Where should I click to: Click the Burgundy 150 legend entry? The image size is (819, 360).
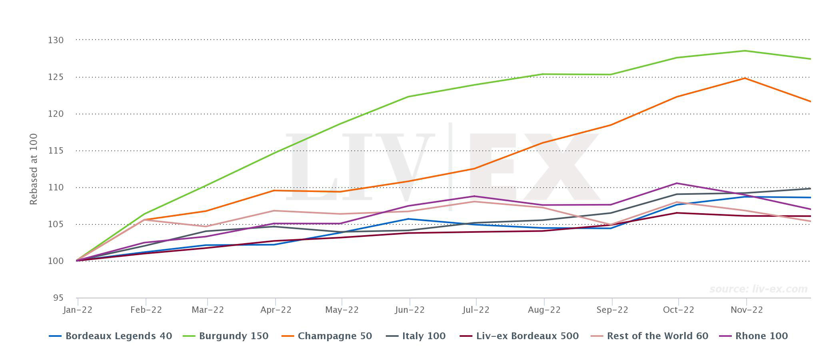click(233, 336)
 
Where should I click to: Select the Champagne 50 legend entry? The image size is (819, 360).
click(334, 336)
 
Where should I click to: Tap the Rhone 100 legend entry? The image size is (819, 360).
click(761, 336)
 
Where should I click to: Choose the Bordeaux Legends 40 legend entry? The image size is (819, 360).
click(118, 336)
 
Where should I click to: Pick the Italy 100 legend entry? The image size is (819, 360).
click(423, 336)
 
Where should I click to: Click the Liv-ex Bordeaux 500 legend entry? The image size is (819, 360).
click(527, 336)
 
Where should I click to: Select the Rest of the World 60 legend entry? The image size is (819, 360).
click(657, 336)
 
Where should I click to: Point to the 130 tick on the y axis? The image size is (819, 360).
click(56, 40)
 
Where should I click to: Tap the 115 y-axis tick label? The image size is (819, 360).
click(56, 151)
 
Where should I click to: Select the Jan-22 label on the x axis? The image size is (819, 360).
click(78, 310)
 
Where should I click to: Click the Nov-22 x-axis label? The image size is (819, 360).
click(747, 310)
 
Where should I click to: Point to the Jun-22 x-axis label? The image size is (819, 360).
click(409, 310)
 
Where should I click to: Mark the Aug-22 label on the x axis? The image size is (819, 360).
click(544, 310)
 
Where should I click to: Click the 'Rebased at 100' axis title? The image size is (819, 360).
click(34, 169)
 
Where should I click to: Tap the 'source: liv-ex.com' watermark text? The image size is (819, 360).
click(758, 289)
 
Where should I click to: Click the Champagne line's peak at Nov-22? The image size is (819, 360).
click(745, 78)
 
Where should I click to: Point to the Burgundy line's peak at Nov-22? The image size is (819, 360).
click(745, 51)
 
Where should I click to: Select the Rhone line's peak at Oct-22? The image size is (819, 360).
click(677, 183)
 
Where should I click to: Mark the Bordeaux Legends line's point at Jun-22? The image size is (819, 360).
click(408, 219)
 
